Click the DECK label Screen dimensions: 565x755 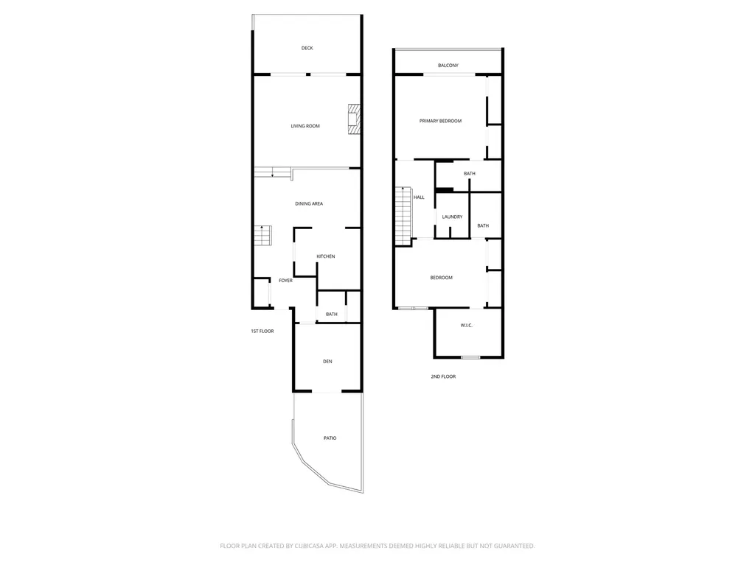pos(307,49)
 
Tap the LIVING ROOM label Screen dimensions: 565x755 pos(305,126)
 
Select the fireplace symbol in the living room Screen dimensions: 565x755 pos(355,119)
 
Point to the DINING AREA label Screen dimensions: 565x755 pos(309,203)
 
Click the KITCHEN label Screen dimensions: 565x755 pos(326,256)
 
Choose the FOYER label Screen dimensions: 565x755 pos(285,281)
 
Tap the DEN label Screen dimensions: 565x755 pos(328,361)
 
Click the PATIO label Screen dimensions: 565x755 pos(330,438)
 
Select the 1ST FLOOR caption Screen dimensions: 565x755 pos(262,331)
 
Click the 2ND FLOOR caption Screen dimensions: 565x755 pos(444,376)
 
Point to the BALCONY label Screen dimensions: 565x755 pos(448,66)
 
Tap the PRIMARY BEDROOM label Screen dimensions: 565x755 pos(440,121)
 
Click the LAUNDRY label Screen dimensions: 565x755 pos(452,217)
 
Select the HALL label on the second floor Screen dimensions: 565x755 pos(419,197)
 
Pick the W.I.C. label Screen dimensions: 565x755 pos(467,325)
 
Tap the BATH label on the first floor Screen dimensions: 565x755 pos(332,315)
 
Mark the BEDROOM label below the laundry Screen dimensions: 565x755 pos(442,278)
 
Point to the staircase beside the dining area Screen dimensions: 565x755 pos(263,236)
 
